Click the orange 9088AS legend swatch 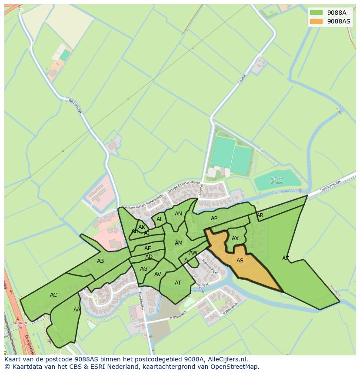tap(317, 21)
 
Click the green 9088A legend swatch tap(317, 13)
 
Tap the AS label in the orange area tap(240, 261)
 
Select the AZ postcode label tap(286, 258)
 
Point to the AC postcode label tap(53, 295)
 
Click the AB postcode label tap(100, 261)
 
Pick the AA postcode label tap(77, 310)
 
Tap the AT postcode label tap(178, 283)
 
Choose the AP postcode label tap(214, 218)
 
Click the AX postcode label tap(235, 238)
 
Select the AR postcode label tap(260, 215)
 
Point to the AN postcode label tap(178, 214)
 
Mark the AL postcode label tap(160, 219)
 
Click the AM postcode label tap(179, 243)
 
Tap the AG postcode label tap(144, 269)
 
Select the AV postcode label tap(158, 274)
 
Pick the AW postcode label tap(193, 253)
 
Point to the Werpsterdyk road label tap(75, 106)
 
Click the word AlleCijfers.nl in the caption tap(226, 360)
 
